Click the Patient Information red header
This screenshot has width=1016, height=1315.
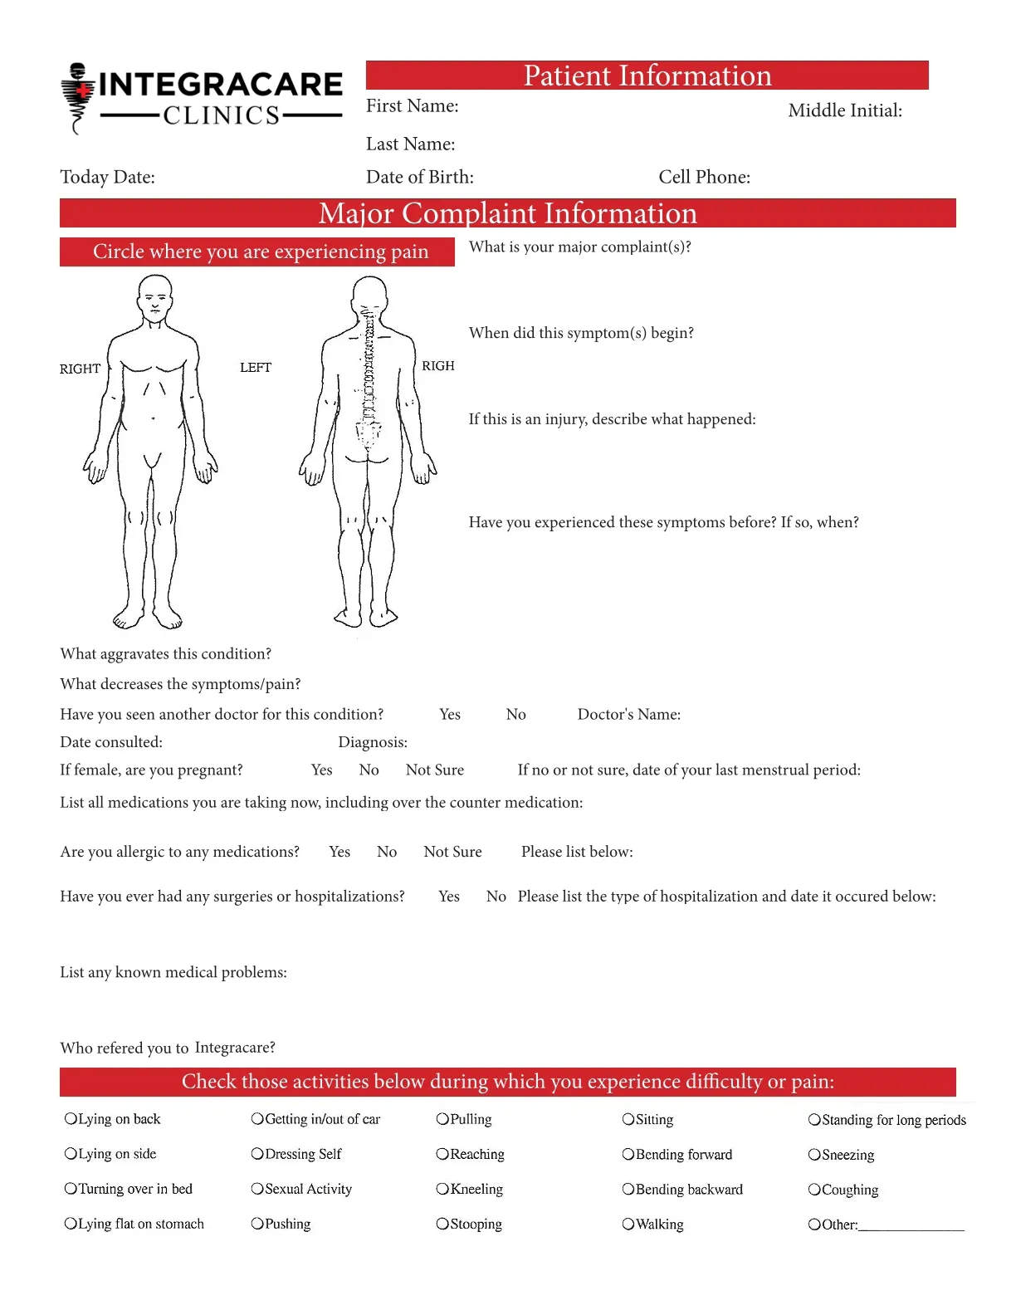647,76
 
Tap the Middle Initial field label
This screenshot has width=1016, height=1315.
844,110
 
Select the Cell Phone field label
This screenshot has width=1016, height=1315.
704,177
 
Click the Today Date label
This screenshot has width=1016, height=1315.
107,177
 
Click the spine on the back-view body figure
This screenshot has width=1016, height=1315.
368,374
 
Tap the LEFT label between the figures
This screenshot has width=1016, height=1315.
255,368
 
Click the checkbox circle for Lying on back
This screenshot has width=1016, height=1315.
71,1119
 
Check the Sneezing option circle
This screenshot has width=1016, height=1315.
814,1155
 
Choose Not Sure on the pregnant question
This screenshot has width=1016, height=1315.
434,770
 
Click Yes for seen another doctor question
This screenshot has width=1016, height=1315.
449,715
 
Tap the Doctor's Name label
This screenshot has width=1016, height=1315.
628,715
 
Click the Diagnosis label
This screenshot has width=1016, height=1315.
372,742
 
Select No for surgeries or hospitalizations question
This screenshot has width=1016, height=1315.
496,897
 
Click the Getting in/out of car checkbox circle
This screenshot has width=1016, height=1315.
257,1119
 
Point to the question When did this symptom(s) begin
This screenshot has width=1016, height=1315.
580,333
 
